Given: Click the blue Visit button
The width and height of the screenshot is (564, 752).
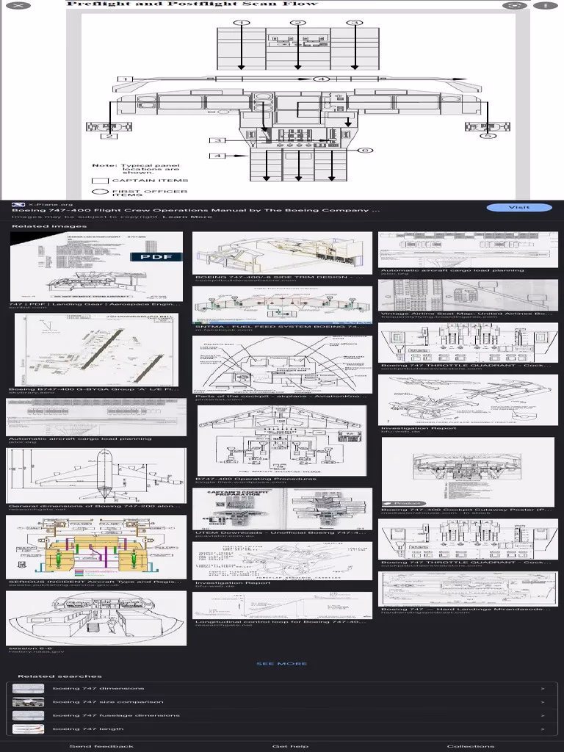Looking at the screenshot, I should [518, 208].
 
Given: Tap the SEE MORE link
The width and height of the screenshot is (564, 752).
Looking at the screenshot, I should [282, 664].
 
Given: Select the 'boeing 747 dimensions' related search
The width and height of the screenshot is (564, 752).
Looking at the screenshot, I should [98, 689].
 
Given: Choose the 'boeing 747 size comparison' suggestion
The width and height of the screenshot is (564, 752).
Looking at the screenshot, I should [107, 702].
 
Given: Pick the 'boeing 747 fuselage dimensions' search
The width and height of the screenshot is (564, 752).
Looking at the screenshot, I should [116, 715].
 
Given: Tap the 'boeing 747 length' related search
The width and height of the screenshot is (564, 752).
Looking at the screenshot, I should [88, 729].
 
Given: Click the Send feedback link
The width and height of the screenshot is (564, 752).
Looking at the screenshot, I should [101, 746].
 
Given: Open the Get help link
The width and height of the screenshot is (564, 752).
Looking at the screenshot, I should [290, 746].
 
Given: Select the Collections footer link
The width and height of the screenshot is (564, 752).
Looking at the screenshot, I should [471, 746].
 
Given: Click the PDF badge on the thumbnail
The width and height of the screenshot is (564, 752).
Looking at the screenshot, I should [156, 257].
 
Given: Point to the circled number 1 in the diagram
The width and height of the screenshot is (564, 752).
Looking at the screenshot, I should [241, 23].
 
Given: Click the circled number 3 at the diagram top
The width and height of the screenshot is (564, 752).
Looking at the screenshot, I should [355, 23].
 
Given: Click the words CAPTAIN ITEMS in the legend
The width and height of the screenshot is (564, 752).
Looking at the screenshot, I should [150, 180].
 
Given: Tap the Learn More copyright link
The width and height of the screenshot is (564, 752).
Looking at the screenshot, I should [187, 217].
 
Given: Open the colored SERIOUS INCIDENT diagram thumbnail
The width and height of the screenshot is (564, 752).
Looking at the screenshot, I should [97, 546].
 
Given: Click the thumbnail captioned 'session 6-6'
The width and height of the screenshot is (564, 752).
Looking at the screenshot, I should [97, 618].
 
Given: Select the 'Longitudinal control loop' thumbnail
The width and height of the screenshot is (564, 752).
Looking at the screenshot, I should [282, 605].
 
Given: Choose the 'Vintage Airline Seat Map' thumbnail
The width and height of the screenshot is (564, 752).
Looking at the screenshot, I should [468, 297].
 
